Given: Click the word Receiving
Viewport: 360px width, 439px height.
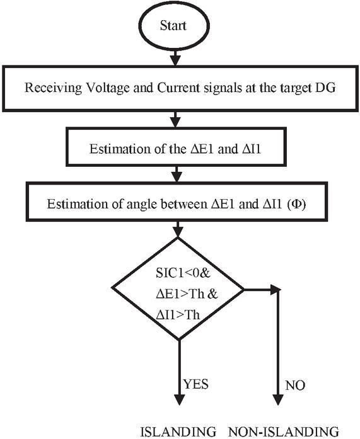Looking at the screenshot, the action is coord(53,88).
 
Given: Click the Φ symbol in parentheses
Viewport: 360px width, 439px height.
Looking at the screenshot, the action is coord(297,204).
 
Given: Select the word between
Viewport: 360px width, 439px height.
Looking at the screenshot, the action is coord(184,204).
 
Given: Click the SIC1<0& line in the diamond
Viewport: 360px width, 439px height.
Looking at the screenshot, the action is coord(183,273).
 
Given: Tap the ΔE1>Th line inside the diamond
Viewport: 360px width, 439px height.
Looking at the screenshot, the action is coord(187,294).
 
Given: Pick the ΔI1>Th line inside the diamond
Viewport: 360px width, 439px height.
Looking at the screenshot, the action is coord(178,315).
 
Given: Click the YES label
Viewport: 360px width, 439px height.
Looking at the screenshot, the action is coord(196,384).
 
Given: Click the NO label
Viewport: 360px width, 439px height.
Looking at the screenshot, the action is coord(295,385).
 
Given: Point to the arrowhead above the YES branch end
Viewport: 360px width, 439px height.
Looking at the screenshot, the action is coord(179,399).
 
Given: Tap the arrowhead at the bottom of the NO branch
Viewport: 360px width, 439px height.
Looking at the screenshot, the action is coord(277,399).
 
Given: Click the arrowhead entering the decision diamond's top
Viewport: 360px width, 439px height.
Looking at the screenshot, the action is coord(178,232).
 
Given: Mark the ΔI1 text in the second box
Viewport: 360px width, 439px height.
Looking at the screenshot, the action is coord(252,149).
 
